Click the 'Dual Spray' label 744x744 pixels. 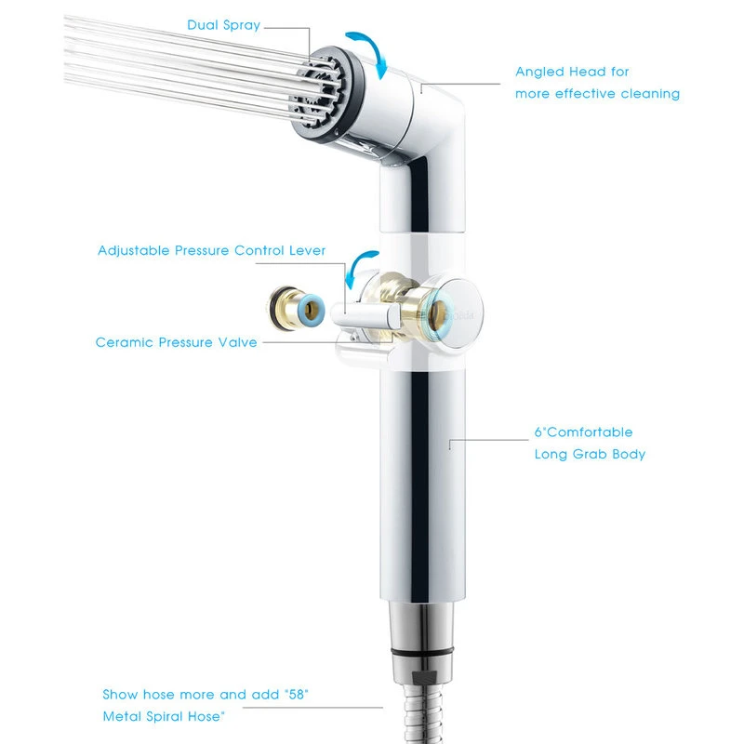(223, 25)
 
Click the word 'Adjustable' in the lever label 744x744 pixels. (133, 250)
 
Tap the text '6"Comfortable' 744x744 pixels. (583, 432)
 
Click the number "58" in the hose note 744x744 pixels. (297, 694)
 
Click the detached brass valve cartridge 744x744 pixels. (296, 308)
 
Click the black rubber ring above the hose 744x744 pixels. (422, 653)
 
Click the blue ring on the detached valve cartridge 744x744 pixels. (312, 310)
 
